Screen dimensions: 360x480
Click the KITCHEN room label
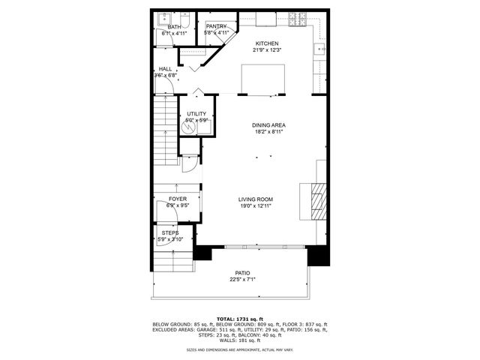[267, 43]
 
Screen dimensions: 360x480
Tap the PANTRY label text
[217, 27]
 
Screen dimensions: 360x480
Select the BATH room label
[174, 27]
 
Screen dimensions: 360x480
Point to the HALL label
[165, 69]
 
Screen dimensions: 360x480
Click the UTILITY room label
[196, 113]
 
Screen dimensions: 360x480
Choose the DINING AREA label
[269, 125]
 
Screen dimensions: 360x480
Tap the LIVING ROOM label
[255, 199]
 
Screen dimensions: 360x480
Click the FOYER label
[177, 199]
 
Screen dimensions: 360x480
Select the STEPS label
[170, 233]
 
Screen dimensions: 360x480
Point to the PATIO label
[242, 273]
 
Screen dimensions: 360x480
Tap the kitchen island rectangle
[263, 78]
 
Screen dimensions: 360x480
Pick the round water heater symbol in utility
[190, 127]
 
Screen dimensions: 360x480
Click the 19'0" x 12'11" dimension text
[255, 205]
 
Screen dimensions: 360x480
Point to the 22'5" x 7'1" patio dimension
[242, 280]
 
